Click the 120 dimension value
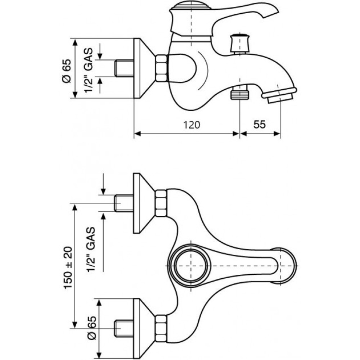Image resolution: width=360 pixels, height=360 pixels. pos(192,125)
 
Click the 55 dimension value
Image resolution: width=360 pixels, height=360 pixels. pos(260,125)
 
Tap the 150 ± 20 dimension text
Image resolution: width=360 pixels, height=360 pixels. pos(68,267)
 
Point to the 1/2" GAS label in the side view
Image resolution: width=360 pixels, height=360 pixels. pos(89,70)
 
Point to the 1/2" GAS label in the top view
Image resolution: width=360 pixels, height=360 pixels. pos(91,249)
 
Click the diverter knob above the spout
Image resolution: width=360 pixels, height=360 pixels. pos(240,44)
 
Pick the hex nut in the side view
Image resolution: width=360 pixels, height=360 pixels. pos(161,68)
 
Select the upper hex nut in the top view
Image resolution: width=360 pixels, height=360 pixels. pos(161,203)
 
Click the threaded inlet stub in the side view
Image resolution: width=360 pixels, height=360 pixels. pos(124,68)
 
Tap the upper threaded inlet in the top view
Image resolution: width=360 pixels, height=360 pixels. pos(124,203)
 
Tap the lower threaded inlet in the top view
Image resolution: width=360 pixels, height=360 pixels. pos(124,329)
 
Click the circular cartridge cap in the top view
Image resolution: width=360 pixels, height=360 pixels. pos(191,266)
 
